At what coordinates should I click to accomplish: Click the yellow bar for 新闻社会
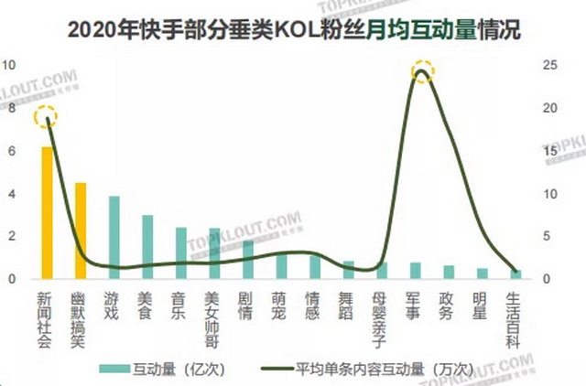click(47, 212)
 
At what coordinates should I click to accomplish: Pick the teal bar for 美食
click(147, 246)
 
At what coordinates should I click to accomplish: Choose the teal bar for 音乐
click(181, 252)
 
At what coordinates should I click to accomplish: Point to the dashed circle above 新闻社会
click(46, 117)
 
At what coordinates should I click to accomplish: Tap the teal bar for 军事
click(415, 270)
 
